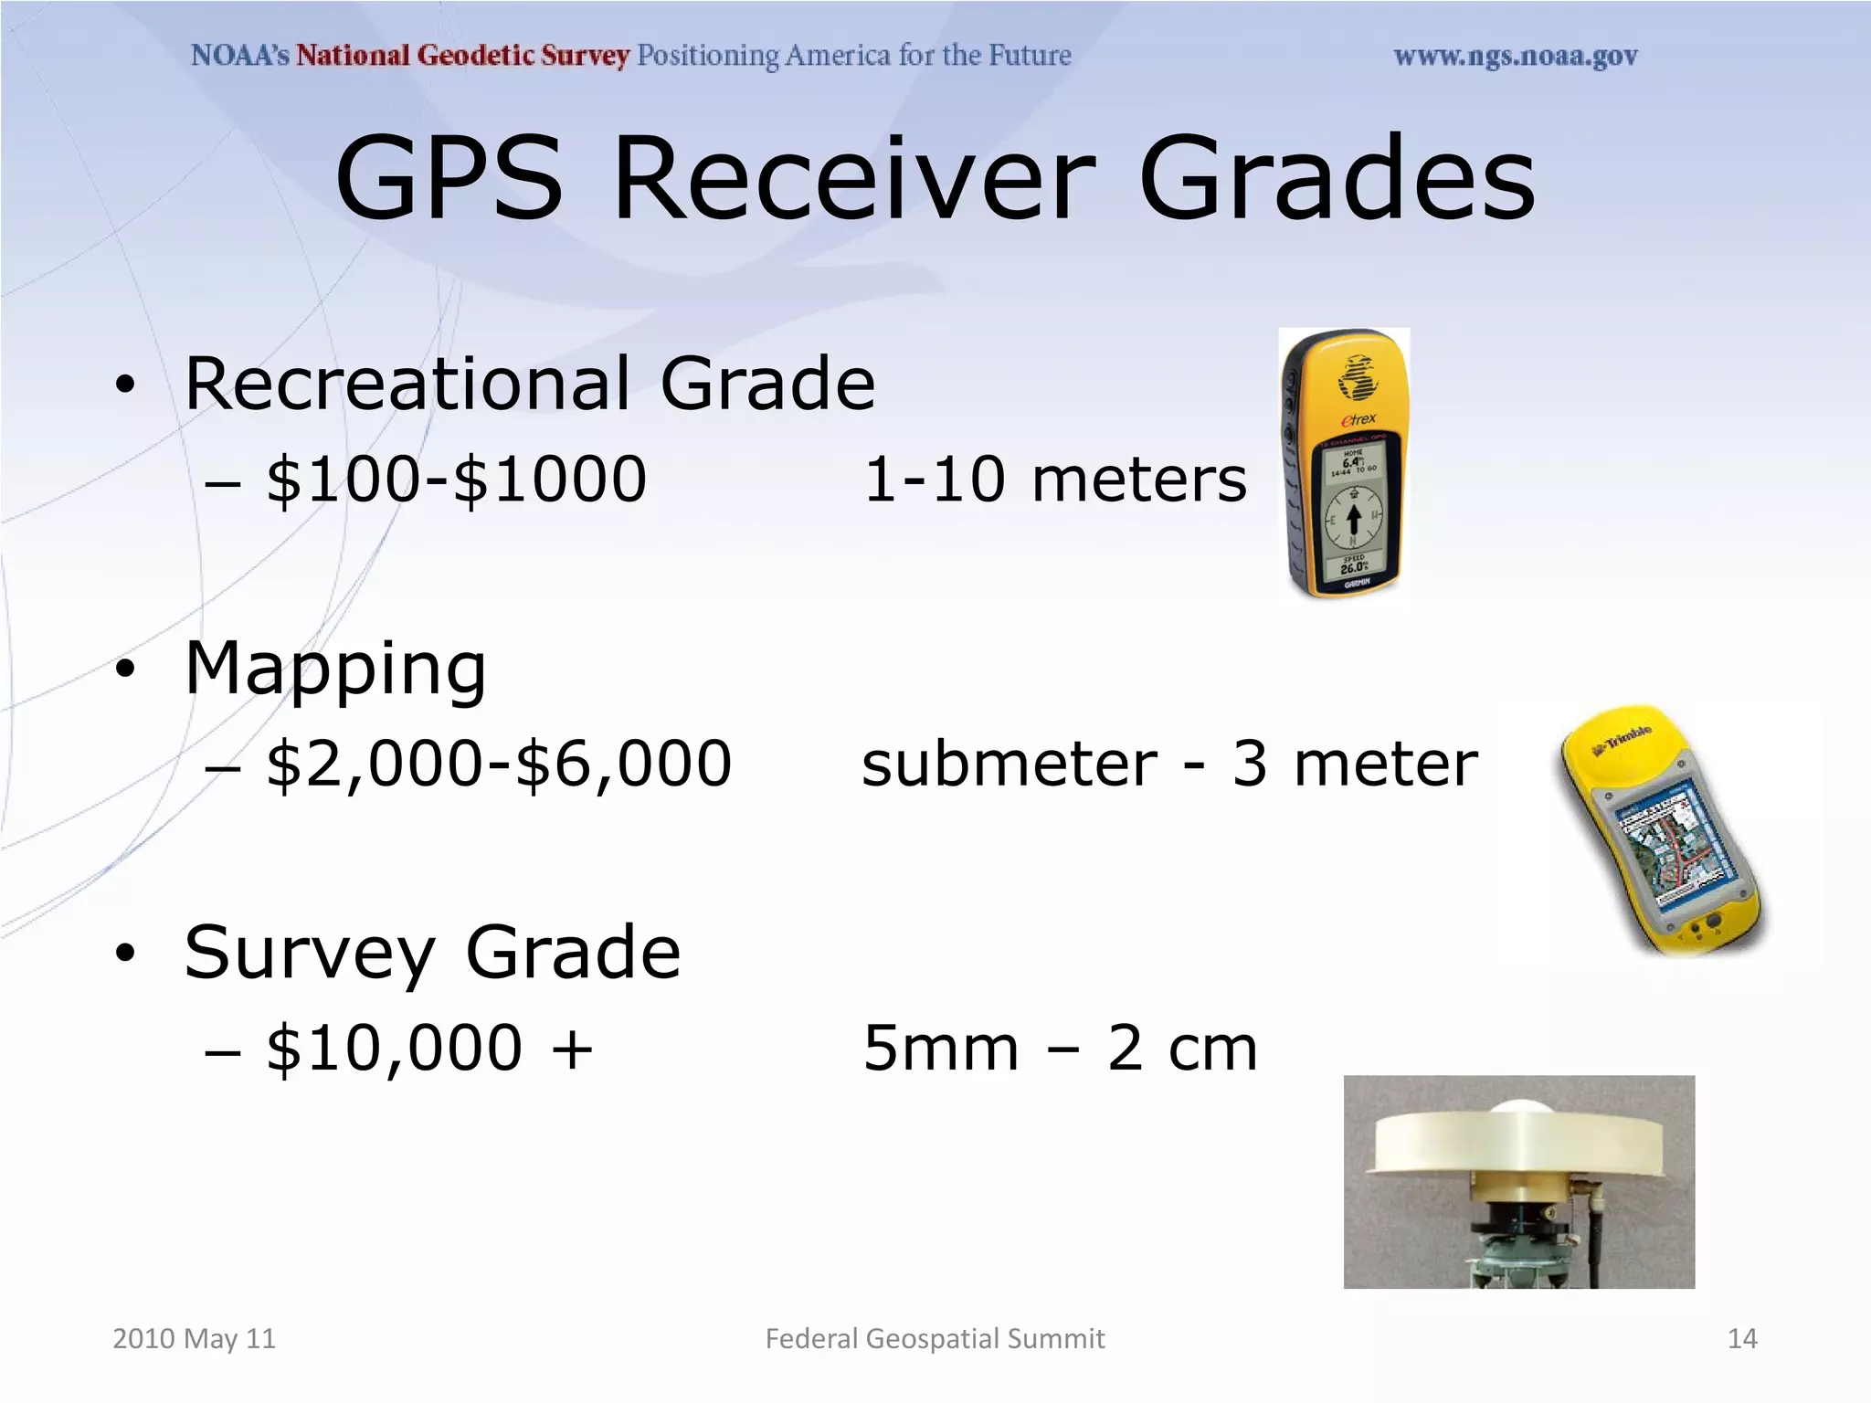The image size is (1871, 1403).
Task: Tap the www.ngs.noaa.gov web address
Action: pos(1515,57)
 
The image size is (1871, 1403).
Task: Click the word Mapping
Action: pos(335,670)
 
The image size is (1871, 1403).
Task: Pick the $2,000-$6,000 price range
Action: pos(499,764)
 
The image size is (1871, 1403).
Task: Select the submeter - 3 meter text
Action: pos(1169,764)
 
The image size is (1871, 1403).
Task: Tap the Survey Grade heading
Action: pos(432,953)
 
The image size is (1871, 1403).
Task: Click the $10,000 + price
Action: pos(429,1048)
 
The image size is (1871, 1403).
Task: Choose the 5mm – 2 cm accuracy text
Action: pos(1061,1048)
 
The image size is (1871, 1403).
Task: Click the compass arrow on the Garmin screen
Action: pos(1354,517)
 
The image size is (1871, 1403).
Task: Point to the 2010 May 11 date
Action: pos(194,1338)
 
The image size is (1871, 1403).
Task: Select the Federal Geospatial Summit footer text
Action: pos(935,1338)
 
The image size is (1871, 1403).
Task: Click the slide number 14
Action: pos(1742,1338)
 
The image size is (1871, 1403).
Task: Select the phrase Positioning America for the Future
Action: pos(853,56)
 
